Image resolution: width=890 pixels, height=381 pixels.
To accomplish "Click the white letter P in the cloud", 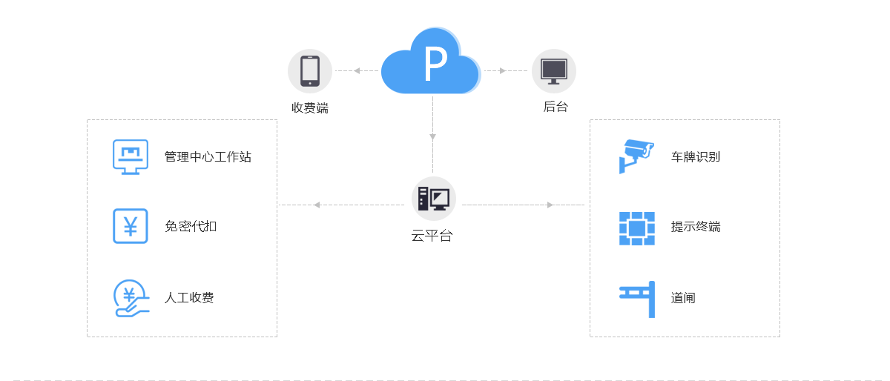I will coord(435,64).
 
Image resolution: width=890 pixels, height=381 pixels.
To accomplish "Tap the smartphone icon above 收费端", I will coord(310,71).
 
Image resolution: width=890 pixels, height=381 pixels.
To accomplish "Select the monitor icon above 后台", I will coord(553,71).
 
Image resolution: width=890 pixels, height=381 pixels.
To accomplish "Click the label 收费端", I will coord(310,108).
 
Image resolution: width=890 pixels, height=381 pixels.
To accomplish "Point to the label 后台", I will coord(555,107).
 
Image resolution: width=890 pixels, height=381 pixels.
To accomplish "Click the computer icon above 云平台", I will coord(433,199).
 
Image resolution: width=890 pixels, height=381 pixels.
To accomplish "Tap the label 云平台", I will coord(432,236).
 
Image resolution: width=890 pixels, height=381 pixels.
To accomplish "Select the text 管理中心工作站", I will coord(208,157).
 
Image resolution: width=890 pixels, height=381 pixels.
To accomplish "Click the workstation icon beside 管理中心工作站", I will coord(131,156).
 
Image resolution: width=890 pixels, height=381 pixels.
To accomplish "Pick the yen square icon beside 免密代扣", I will coord(131,226).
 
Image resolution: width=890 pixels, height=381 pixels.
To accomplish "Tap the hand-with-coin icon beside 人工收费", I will coord(131,298).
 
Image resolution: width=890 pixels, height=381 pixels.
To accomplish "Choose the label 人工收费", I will coord(189,298).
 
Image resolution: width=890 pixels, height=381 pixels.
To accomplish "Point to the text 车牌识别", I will coord(695,157).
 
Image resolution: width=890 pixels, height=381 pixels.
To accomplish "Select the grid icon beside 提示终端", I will coord(636,228).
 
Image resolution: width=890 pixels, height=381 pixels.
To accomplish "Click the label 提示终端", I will coord(695,227).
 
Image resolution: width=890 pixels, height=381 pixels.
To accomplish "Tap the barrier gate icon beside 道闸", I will coord(638,299).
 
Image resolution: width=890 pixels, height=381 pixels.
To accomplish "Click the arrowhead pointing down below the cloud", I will coord(432,137).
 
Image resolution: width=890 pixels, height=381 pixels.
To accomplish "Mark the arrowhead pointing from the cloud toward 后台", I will coord(503,71).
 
